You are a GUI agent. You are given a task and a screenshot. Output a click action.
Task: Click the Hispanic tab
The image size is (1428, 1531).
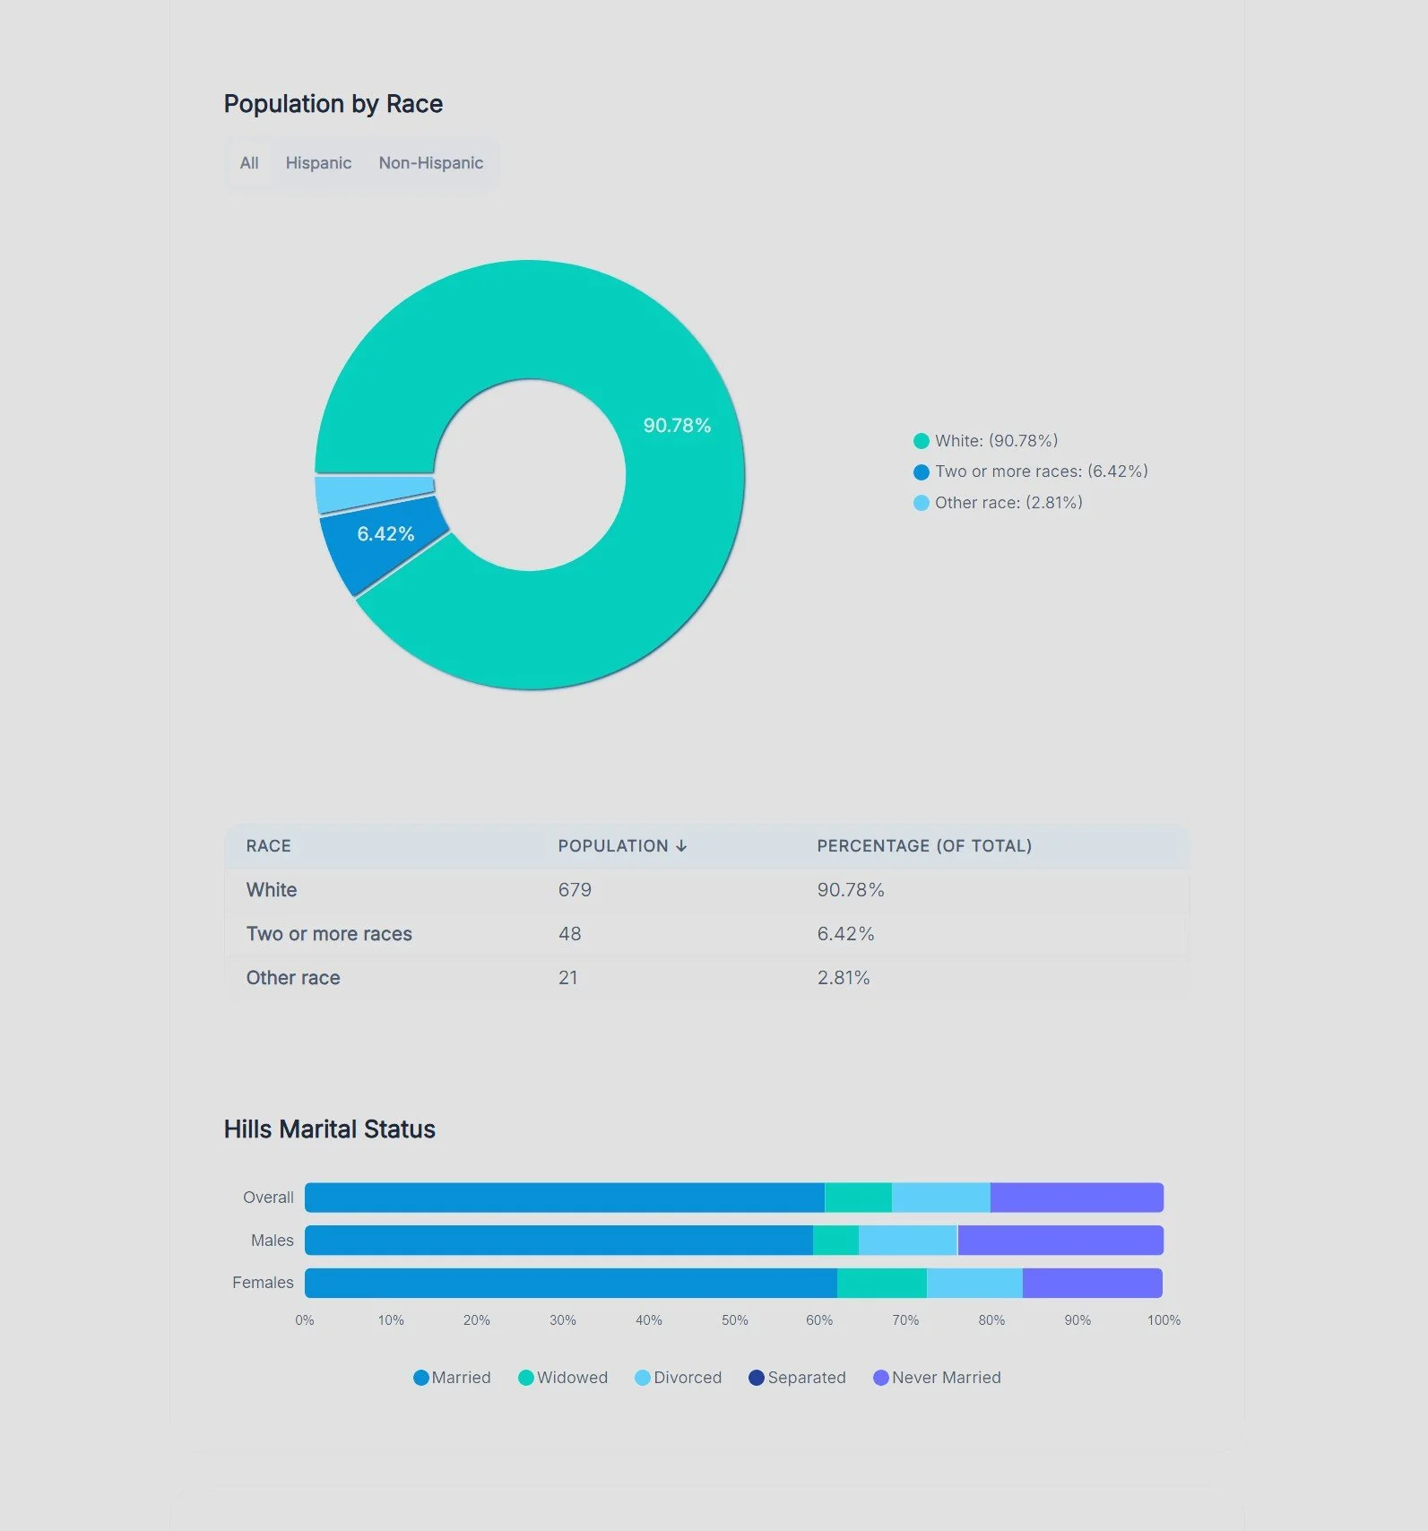318,163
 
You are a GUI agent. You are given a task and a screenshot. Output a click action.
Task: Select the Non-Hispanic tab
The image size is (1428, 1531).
430,163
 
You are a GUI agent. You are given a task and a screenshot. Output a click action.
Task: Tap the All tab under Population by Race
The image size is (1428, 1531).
249,163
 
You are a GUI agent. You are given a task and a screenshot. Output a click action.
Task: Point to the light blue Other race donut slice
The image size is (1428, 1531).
374,494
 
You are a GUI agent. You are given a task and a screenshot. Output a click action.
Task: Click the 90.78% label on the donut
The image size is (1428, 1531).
677,426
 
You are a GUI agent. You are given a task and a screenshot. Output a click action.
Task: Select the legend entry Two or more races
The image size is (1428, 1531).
1031,471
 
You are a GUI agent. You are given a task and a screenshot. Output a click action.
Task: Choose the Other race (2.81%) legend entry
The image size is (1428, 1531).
998,503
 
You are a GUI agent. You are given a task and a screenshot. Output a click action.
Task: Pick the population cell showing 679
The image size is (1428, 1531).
575,890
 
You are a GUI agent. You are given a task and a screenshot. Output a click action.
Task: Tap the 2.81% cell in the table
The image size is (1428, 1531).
844,978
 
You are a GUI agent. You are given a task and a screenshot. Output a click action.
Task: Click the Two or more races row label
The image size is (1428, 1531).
329,934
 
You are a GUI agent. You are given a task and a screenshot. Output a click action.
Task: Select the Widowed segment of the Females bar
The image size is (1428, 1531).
882,1283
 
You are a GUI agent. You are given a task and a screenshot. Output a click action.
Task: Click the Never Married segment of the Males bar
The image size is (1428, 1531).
1060,1241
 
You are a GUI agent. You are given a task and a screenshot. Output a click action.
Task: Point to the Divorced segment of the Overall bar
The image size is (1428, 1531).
941,1198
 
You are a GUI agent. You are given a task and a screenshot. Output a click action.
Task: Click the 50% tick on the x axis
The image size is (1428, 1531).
735,1320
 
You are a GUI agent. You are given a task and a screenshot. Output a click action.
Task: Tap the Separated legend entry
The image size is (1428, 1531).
797,1378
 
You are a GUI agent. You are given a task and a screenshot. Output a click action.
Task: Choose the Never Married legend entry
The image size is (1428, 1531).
937,1378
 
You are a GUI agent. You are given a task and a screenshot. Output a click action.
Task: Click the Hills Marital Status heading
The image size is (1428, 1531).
330,1129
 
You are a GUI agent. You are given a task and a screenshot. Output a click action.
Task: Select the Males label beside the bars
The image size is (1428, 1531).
273,1241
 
